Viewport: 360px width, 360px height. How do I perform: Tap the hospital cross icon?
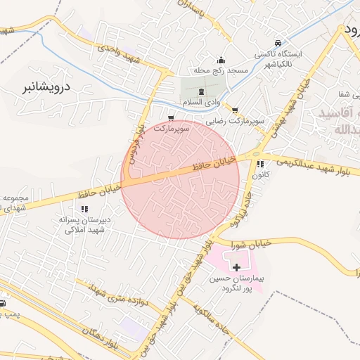(236, 267)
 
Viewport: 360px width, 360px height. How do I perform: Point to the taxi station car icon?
(278, 43)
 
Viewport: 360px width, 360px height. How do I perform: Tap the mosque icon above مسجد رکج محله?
(221, 60)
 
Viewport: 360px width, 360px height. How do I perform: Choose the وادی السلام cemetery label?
(202, 103)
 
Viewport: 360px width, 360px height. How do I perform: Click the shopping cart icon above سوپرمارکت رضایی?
(234, 110)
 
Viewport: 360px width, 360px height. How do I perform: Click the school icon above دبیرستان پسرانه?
(84, 209)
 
